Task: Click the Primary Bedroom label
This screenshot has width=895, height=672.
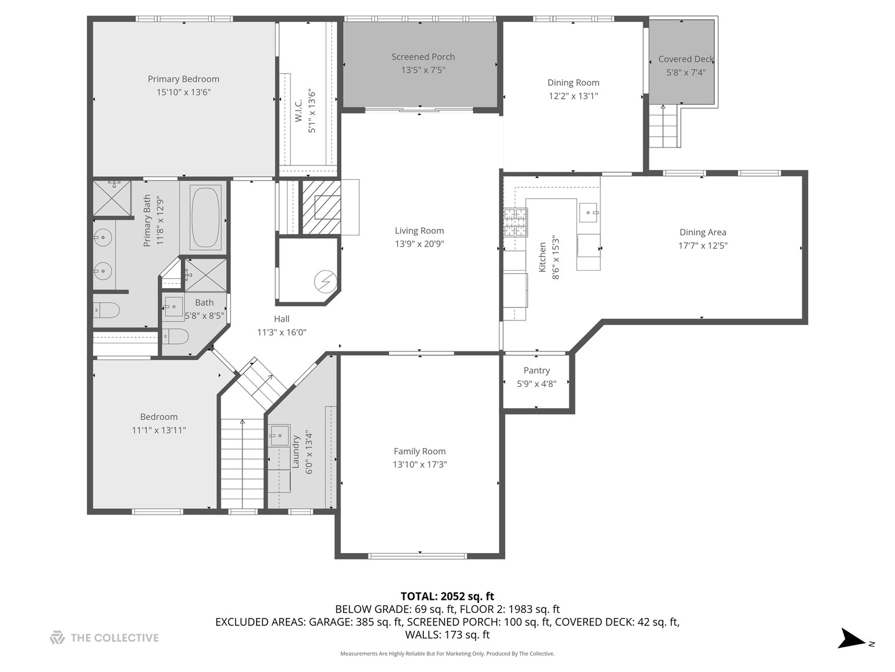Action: pos(183,79)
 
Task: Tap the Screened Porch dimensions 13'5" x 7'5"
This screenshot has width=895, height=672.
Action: pos(423,70)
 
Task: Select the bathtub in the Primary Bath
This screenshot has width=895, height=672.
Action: pos(205,217)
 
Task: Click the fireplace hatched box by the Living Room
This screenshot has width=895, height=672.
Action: pos(321,207)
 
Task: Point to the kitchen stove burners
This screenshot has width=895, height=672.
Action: pos(515,222)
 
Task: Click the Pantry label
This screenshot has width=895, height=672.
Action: pos(536,371)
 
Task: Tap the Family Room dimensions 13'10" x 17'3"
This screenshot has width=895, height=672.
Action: pos(420,465)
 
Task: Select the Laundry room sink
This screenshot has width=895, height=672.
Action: pos(280,436)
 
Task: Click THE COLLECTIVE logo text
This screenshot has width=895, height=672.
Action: pos(114,638)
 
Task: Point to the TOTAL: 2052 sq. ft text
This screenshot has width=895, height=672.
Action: pos(447,597)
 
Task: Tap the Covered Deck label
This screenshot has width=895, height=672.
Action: pos(686,59)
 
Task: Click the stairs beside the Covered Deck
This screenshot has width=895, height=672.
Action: pos(664,127)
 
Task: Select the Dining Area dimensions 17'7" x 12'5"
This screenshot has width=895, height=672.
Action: pos(702,246)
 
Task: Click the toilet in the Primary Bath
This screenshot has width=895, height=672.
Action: pos(107,310)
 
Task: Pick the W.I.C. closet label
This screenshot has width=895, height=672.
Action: pos(298,110)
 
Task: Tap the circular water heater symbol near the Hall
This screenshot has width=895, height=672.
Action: pos(324,281)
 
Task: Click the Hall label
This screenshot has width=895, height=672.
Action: pos(282,319)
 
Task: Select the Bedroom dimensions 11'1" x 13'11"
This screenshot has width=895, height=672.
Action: pos(158,430)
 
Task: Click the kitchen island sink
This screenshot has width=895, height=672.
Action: pos(588,212)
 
